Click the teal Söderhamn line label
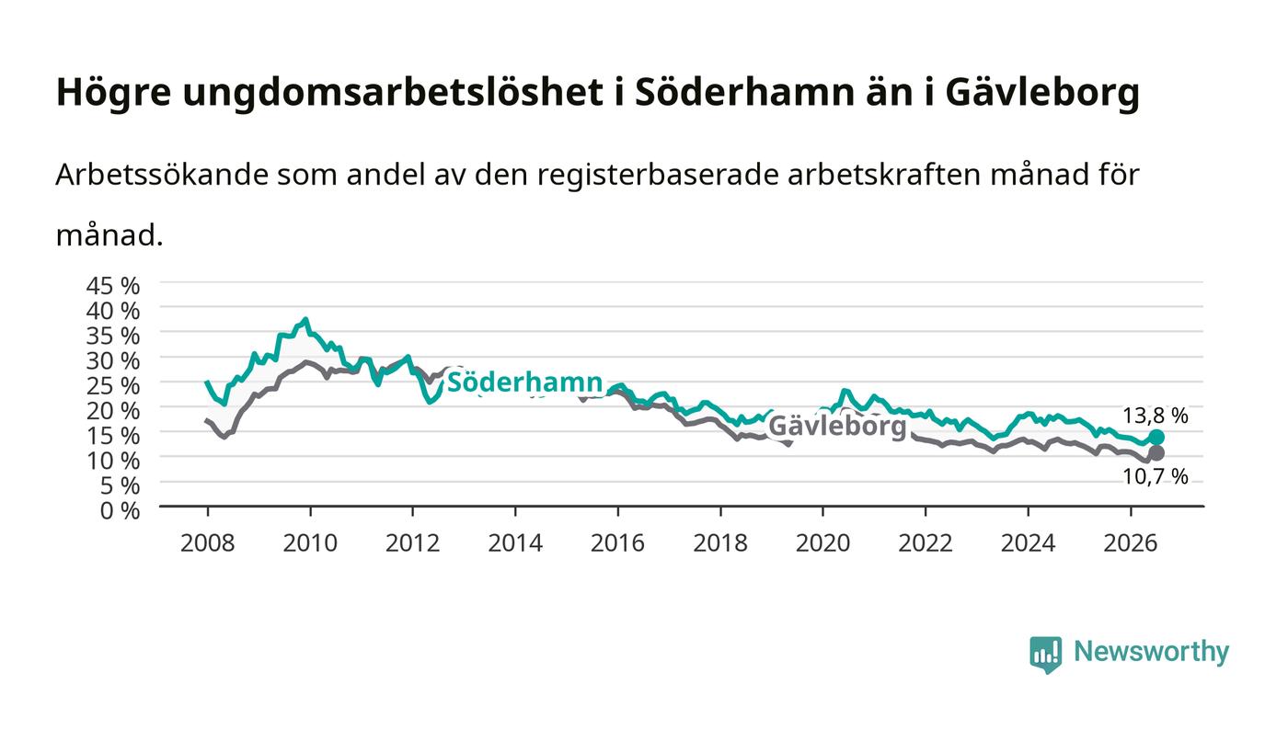pos(524,382)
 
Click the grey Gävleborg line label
pos(837,427)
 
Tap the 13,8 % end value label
pos(1156,415)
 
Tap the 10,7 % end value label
pos(1156,476)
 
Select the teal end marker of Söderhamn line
pos(1156,438)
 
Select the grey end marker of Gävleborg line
pos(1156,453)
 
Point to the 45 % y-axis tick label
pos(112,286)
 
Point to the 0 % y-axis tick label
pos(120,510)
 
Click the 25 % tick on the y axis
pos(112,386)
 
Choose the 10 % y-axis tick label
pos(112,461)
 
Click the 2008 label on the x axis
pos(208,543)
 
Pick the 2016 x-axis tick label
pos(617,543)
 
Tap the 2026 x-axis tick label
pos(1131,543)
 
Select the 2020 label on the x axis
pos(822,543)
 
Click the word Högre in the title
pos(114,93)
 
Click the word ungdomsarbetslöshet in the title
pos(393,93)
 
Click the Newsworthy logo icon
pos(1046,655)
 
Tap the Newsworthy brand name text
pos(1151,652)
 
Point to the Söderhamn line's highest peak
pos(305,319)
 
